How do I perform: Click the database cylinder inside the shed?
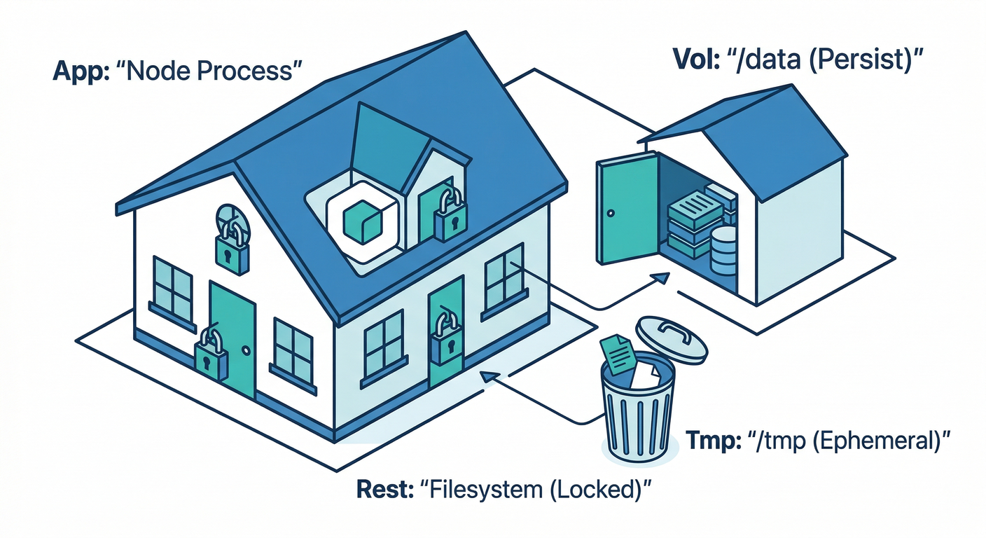tap(723, 251)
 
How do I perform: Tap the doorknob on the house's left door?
tap(246, 349)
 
